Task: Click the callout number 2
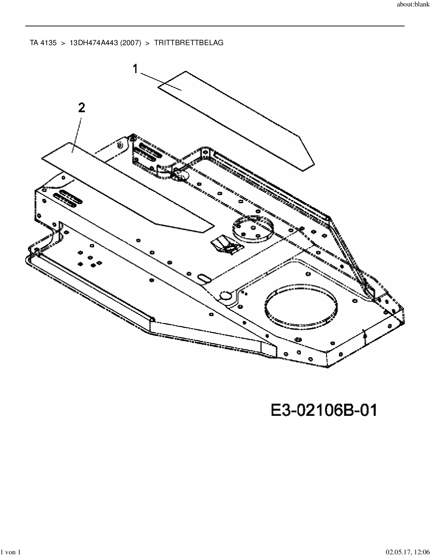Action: coord(81,108)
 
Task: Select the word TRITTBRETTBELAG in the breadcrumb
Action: coord(189,43)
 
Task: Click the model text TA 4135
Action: coord(43,43)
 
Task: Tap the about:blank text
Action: coord(413,4)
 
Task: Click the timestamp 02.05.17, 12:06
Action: coord(408,552)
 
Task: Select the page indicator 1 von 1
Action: coord(11,552)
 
